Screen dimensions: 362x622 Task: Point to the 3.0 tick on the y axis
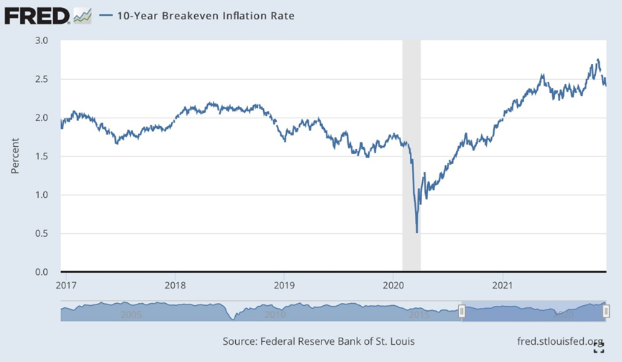point(41,40)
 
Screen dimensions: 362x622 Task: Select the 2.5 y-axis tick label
point(41,79)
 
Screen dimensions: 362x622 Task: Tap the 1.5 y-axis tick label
point(41,156)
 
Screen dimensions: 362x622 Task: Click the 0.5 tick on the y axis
point(41,233)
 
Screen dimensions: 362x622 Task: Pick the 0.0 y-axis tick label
point(41,272)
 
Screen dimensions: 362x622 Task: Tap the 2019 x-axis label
point(284,284)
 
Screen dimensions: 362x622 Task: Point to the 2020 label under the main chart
point(393,284)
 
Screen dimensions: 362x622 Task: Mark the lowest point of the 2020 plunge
point(417,232)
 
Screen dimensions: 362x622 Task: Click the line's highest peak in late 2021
point(598,60)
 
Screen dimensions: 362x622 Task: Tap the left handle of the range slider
point(462,311)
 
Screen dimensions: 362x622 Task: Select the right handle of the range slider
point(606,311)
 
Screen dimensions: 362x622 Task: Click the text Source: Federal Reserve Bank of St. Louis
point(319,341)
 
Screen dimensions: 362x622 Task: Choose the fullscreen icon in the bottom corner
point(598,349)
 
